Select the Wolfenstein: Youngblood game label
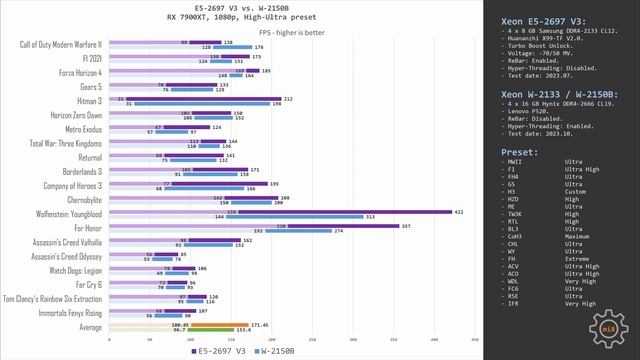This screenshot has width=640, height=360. click(66, 213)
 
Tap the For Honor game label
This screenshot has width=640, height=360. click(88, 227)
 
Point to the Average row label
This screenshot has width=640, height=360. click(89, 327)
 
